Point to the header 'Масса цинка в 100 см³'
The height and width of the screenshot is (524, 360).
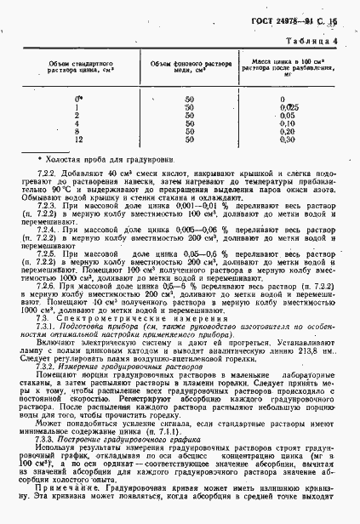(293, 62)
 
